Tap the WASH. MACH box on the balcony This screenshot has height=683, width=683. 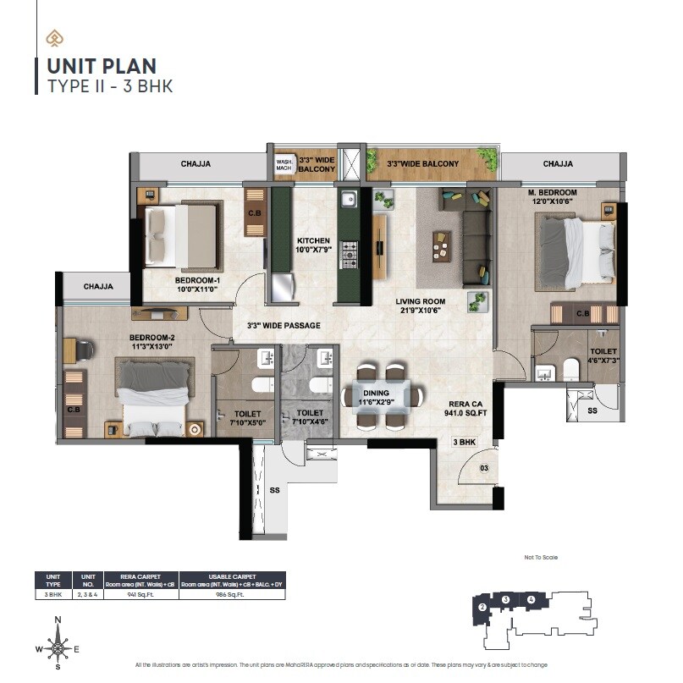click(284, 164)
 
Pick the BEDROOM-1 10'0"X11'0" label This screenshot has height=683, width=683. click(197, 284)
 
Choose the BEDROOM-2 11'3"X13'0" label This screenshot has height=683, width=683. click(151, 341)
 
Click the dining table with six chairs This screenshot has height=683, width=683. click(378, 394)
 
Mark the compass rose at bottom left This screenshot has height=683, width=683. click(58, 648)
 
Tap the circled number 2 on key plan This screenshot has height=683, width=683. click(482, 607)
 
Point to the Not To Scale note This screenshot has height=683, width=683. click(541, 557)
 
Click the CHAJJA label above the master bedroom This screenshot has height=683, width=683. click(558, 164)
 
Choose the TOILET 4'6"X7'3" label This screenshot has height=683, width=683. click(603, 355)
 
